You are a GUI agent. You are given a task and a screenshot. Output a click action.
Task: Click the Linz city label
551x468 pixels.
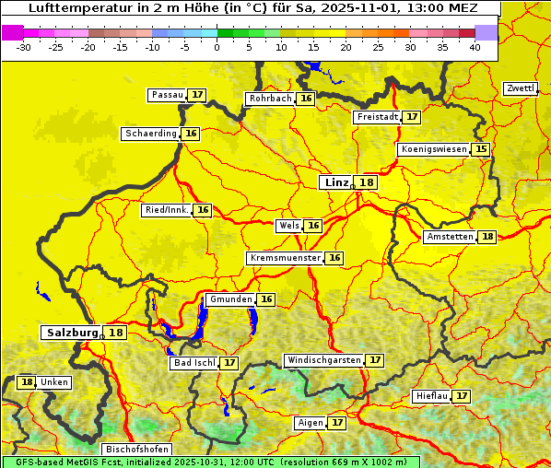[x=335, y=182]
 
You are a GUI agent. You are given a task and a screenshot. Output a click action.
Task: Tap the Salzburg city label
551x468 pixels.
[x=72, y=333]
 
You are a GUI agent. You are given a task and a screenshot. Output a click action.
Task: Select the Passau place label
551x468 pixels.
[x=167, y=95]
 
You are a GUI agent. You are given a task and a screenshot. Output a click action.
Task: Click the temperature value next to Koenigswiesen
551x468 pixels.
[x=481, y=149]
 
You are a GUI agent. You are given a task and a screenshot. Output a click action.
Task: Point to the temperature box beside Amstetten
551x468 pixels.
[x=487, y=237]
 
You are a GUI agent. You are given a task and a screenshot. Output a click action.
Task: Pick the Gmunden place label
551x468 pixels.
[x=229, y=299]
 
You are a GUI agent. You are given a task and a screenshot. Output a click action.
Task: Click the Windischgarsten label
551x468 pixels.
[x=323, y=360]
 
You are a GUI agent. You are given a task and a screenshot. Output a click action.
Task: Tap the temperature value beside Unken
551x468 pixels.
[x=27, y=382]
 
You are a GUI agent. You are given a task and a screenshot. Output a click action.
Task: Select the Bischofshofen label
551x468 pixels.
[x=135, y=450]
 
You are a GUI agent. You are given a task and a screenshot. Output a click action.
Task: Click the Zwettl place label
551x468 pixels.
[x=521, y=88]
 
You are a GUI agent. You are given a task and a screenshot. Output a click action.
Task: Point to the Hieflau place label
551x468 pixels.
[x=431, y=396]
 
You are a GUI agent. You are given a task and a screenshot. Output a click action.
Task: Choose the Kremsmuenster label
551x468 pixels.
[x=285, y=258]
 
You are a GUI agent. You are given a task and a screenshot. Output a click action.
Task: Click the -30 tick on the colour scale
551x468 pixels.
[x=24, y=46]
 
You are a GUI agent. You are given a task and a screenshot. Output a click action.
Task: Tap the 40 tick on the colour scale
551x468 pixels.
[x=475, y=46]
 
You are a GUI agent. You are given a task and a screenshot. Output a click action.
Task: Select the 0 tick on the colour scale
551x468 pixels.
[x=217, y=46]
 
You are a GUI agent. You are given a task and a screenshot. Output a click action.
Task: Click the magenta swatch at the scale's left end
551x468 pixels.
[x=12, y=32]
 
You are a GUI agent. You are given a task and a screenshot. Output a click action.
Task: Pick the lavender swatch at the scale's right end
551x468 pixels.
[x=487, y=32]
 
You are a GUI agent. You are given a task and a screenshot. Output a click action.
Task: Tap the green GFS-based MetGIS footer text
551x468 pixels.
[x=210, y=462]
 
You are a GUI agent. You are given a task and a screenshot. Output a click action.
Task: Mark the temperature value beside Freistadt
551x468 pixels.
[x=412, y=117]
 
